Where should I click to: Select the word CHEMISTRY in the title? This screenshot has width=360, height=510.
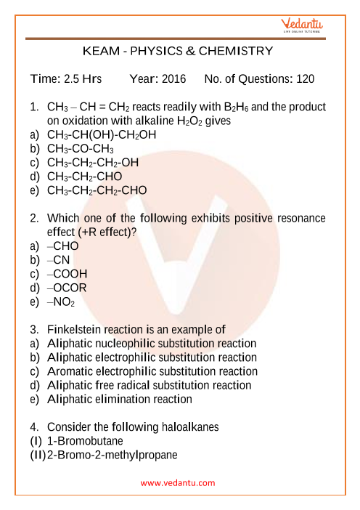(237, 51)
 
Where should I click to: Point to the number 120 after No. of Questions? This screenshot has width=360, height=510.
(306, 78)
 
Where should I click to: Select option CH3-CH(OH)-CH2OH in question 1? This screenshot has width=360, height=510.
(101, 135)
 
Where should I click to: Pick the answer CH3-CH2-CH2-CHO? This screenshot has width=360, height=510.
(97, 190)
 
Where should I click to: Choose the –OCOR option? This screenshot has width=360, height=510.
(67, 288)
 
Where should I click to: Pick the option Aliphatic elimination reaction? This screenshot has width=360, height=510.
(120, 399)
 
